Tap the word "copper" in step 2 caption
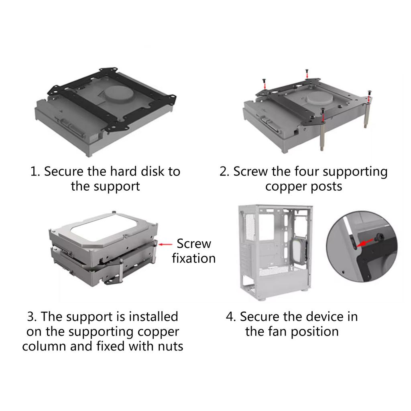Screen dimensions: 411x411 287,187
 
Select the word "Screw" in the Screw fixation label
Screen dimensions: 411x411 194,244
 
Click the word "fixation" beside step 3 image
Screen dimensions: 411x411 193,258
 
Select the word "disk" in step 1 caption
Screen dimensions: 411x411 152,171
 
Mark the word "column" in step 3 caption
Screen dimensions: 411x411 44,346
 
